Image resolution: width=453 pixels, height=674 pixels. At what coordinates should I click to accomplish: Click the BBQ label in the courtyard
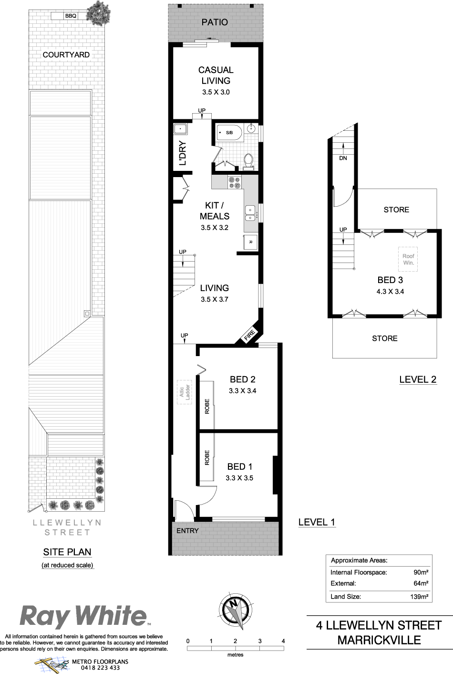click(x=71, y=16)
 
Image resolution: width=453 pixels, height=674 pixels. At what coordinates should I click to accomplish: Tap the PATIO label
click(x=215, y=22)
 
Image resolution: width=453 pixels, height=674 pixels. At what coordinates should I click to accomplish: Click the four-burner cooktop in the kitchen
click(x=235, y=182)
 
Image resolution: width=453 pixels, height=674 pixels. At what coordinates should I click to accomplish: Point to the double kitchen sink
click(x=250, y=213)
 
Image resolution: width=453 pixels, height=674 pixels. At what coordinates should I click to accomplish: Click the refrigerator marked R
click(x=250, y=242)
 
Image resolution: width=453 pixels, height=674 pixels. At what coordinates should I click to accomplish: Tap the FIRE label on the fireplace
click(x=249, y=335)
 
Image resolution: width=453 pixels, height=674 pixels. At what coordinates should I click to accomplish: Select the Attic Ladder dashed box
click(x=184, y=392)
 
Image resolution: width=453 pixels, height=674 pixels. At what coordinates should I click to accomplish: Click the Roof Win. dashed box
click(x=408, y=259)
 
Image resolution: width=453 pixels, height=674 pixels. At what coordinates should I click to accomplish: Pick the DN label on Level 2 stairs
click(x=343, y=158)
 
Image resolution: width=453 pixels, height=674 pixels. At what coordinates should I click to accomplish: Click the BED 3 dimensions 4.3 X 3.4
click(x=390, y=292)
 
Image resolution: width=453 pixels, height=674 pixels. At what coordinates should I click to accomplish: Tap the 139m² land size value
click(x=419, y=597)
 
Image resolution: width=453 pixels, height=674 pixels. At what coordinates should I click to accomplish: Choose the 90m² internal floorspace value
click(x=421, y=572)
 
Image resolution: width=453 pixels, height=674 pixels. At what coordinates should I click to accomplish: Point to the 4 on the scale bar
click(x=283, y=641)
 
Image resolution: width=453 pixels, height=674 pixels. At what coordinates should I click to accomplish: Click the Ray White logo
click(x=84, y=617)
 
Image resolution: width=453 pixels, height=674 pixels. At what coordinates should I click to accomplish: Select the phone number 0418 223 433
click(x=100, y=668)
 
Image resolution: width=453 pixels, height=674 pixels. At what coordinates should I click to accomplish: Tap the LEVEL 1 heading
click(x=317, y=522)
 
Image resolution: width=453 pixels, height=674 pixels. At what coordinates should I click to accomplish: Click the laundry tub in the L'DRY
click(x=180, y=129)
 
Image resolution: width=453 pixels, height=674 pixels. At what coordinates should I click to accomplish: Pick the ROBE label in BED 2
click(x=207, y=406)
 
